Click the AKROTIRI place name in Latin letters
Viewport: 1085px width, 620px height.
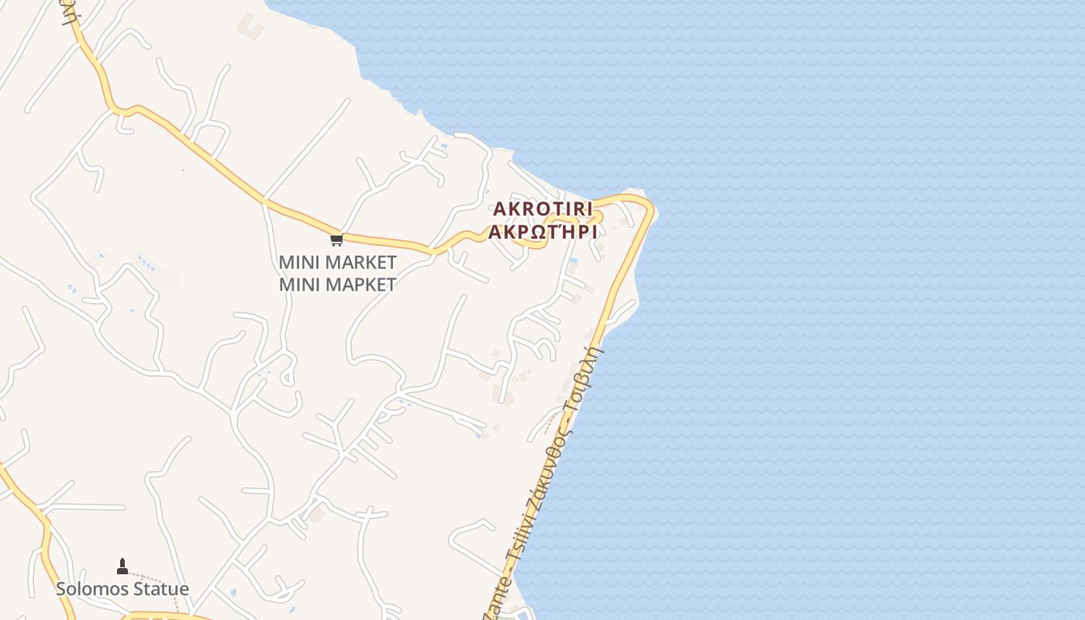pos(542,209)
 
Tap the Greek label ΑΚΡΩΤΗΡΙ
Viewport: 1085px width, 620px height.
pos(542,232)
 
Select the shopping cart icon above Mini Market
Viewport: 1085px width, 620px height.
pos(336,239)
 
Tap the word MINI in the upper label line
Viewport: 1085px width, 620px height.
pos(298,262)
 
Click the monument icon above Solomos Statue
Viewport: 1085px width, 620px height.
pos(122,567)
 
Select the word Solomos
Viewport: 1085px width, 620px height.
pos(92,589)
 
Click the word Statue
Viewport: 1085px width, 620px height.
pos(160,589)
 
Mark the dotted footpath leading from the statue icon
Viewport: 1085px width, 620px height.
pos(167,583)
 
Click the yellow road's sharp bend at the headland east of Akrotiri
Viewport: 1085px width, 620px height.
pos(649,208)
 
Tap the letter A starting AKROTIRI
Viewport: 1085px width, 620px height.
pos(499,209)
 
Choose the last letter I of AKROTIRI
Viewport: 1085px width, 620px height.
pos(589,209)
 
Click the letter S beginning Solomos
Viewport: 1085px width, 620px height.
pos(61,589)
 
